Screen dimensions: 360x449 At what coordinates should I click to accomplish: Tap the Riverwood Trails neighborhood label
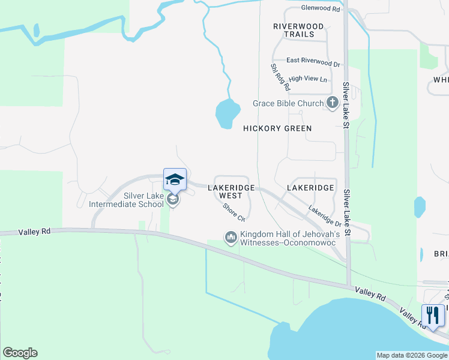(298, 30)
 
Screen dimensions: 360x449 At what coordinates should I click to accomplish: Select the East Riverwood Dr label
(313, 61)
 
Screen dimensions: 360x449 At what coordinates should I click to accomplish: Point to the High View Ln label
(308, 79)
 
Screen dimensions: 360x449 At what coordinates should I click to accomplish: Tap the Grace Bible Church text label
(288, 104)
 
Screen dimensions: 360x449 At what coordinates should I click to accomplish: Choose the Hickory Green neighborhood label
(277, 128)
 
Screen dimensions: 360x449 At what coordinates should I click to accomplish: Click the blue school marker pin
(175, 179)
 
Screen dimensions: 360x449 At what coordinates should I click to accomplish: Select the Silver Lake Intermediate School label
(126, 200)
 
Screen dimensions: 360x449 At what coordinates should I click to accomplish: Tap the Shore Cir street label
(234, 211)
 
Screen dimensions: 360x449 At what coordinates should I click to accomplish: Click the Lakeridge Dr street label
(324, 214)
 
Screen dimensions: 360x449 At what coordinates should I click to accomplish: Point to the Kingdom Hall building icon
(231, 238)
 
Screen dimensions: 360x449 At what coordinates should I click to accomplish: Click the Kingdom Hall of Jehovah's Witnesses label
(291, 238)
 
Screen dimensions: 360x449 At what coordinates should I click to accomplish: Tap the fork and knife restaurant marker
(432, 315)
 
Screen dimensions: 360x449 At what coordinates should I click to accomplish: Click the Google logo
(20, 353)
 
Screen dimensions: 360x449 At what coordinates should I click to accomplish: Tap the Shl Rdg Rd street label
(280, 77)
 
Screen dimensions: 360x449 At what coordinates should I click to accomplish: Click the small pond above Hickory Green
(228, 113)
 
